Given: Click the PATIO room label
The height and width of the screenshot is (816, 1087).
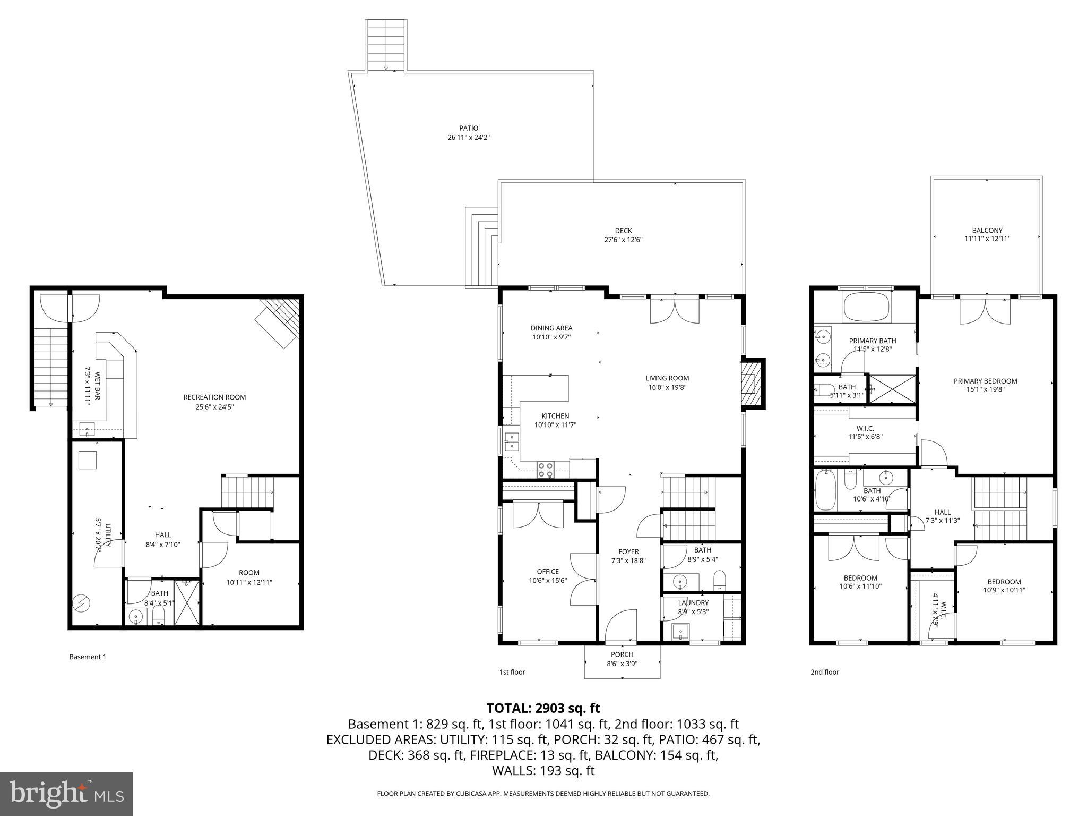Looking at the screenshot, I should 468,128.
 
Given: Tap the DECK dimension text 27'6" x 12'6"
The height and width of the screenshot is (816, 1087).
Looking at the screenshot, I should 623,240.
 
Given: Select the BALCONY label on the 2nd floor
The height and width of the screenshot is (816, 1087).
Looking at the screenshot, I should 987,230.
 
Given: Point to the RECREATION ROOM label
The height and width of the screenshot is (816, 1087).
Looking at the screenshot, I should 214,397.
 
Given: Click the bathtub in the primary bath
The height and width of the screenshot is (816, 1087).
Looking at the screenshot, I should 866,308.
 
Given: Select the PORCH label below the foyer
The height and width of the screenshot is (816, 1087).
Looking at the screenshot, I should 622,654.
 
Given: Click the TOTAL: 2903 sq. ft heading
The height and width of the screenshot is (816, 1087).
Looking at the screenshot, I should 543,708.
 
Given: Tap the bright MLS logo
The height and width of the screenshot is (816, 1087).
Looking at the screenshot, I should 66,794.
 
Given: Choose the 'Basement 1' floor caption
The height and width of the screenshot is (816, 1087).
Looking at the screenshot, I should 88,657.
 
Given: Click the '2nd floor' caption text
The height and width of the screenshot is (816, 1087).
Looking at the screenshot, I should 824,672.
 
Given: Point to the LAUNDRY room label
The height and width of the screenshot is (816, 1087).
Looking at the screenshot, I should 693,602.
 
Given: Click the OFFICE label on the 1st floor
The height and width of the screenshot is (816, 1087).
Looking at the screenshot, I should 547,572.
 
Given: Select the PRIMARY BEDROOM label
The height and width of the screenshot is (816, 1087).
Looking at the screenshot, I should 985,381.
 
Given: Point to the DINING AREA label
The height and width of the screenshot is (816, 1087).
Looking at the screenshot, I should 551,328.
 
